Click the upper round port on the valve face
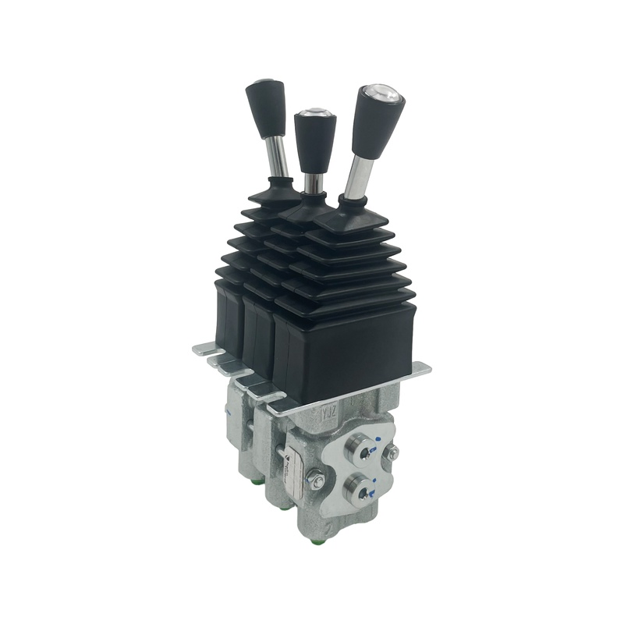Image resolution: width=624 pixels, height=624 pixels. (x=362, y=449)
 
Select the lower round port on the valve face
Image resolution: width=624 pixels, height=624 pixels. (x=360, y=490)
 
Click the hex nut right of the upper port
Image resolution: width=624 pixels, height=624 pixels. (x=393, y=453)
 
